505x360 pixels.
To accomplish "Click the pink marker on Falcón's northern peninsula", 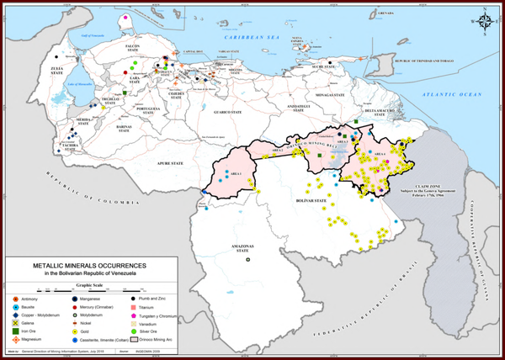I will pos(126,16).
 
